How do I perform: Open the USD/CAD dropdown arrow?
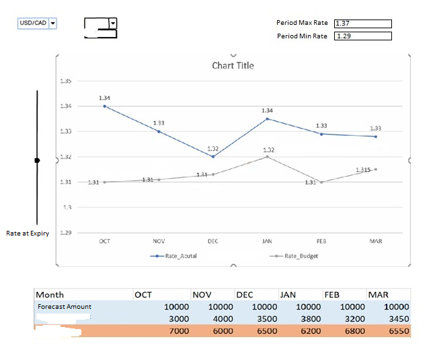pos(53,23)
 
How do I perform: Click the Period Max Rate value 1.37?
pos(362,24)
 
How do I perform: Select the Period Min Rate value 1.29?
pos(362,36)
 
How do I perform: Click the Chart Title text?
pos(233,65)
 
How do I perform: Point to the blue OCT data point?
pos(104,106)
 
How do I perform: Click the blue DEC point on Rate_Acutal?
pos(213,157)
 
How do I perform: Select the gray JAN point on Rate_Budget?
pos(267,156)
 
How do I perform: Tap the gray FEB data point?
pos(321,182)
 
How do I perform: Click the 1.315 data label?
pos(364,170)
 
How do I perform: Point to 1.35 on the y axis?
pos(66,81)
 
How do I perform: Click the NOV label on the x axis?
pos(159,240)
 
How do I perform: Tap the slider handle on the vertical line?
pos(37,160)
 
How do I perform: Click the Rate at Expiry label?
pos(28,233)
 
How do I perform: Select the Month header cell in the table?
pos(50,295)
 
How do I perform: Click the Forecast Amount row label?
pos(64,307)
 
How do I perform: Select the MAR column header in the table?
pos(378,295)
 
